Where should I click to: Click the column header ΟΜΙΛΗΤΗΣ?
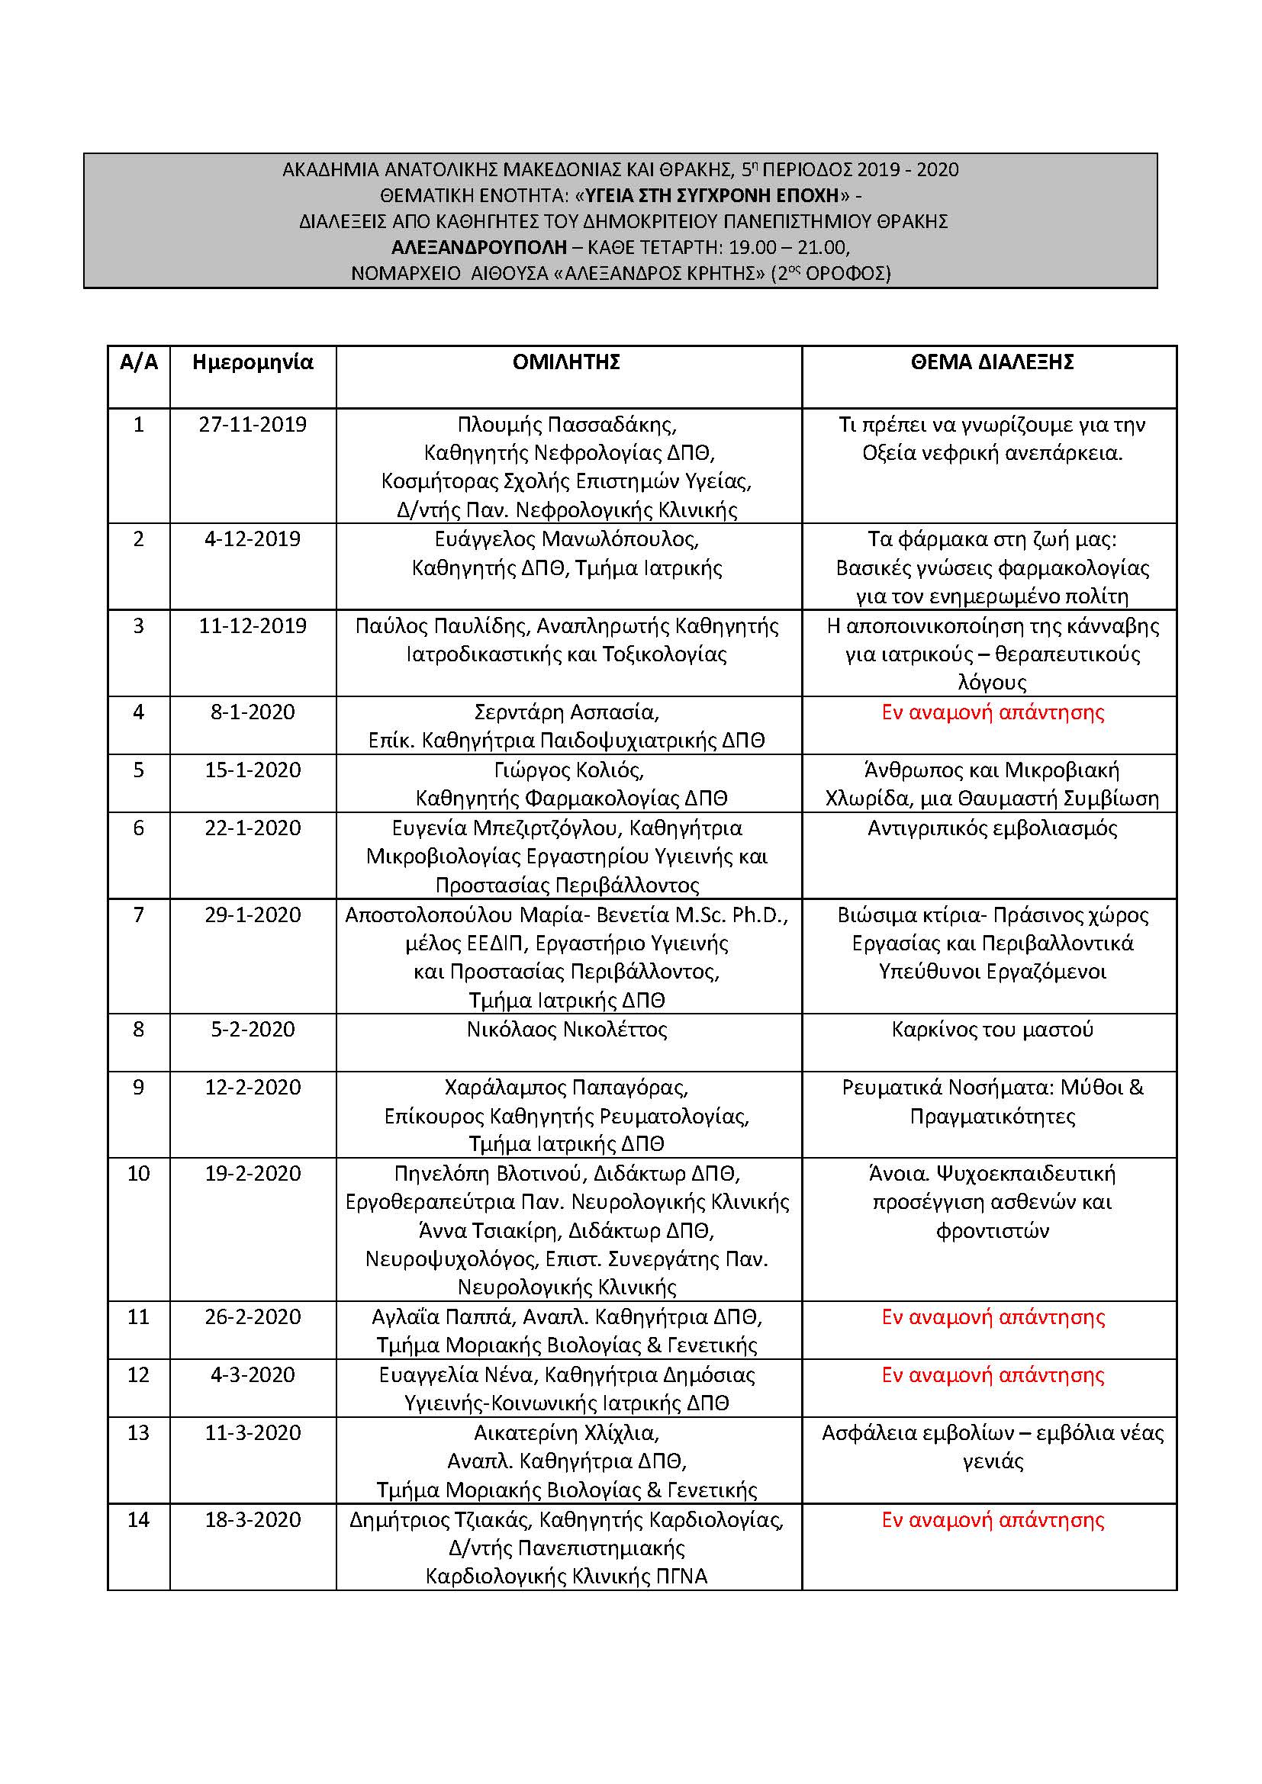click(x=565, y=362)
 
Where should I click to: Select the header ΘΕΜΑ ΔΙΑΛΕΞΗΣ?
click(x=992, y=362)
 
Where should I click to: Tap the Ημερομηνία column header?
click(x=253, y=362)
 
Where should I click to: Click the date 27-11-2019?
click(x=253, y=425)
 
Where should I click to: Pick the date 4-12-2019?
click(x=253, y=539)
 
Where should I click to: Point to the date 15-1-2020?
click(x=253, y=770)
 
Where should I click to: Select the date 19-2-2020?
click(x=253, y=1173)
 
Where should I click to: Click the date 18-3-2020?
click(x=253, y=1520)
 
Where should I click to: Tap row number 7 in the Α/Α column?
click(x=138, y=915)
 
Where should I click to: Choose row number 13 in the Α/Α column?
click(x=138, y=1433)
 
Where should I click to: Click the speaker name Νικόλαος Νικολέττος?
click(x=566, y=1030)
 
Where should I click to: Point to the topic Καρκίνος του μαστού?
click(x=993, y=1030)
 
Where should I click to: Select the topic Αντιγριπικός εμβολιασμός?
click(x=993, y=828)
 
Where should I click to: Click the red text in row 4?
click(x=993, y=712)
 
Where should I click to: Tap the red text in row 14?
click(x=993, y=1520)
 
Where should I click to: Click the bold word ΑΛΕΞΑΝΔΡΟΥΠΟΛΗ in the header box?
click(x=478, y=248)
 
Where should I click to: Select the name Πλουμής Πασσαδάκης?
click(x=566, y=425)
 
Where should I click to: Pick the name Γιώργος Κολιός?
click(x=566, y=770)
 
